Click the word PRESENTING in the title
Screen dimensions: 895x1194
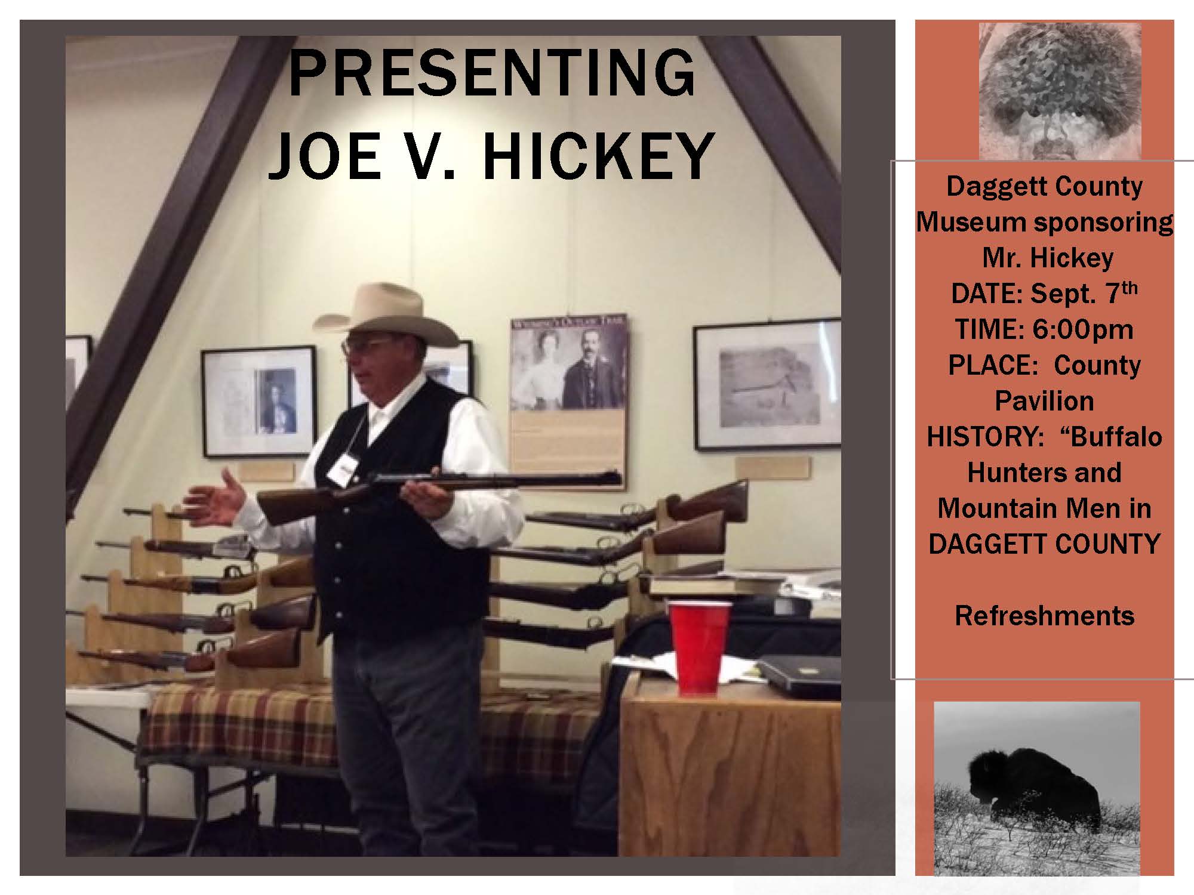coord(492,75)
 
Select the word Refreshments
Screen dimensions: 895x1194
coord(1044,616)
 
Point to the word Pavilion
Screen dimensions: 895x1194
coord(1044,401)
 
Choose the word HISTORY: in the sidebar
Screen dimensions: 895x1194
coord(987,437)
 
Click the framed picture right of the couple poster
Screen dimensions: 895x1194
coord(767,385)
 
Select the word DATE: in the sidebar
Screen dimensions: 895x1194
coord(986,294)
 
